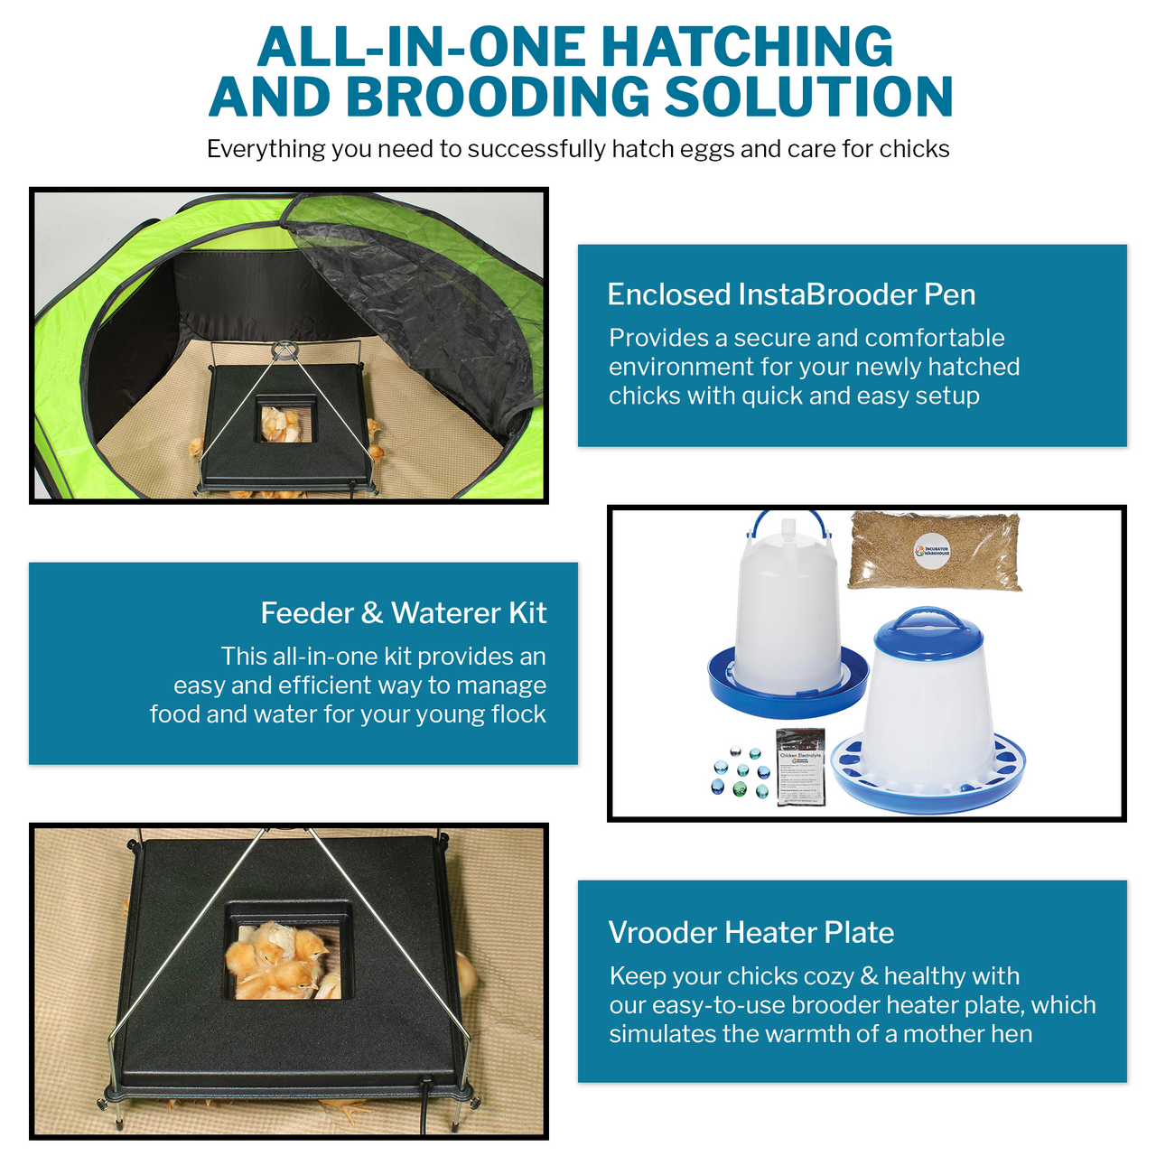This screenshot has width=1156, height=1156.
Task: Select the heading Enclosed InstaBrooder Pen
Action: pyautogui.click(x=791, y=294)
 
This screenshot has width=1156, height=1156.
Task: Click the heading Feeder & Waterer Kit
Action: pyautogui.click(x=403, y=613)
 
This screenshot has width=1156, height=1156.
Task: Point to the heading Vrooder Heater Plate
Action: pyautogui.click(x=750, y=932)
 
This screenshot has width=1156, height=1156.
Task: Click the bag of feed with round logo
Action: pyautogui.click(x=935, y=551)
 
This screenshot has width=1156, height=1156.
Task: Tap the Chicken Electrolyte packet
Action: pyautogui.click(x=801, y=766)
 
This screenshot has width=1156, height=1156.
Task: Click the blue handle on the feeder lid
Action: pyautogui.click(x=928, y=620)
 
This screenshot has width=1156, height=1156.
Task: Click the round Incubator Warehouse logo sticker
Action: pyautogui.click(x=932, y=551)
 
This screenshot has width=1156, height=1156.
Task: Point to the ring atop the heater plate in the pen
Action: pyautogui.click(x=284, y=350)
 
